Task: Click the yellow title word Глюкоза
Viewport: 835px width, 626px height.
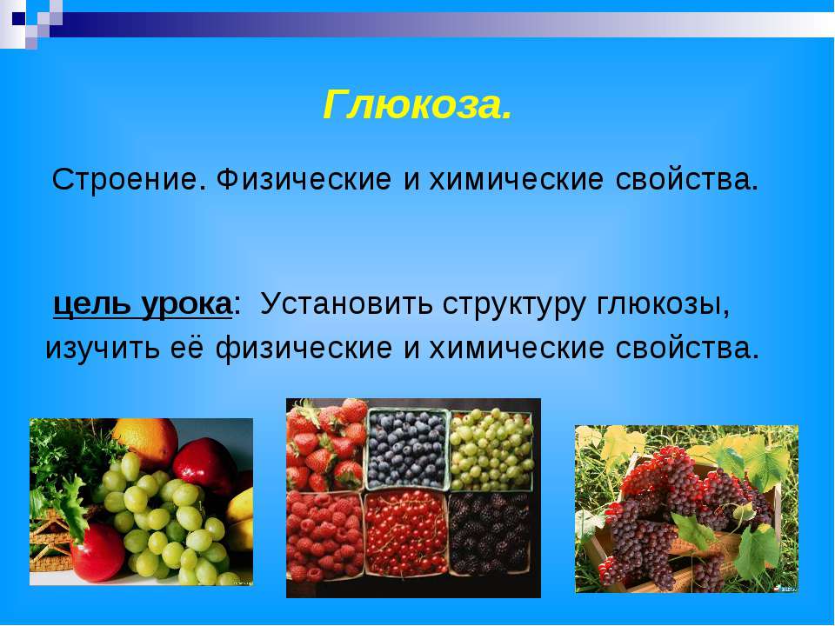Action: pyautogui.click(x=417, y=105)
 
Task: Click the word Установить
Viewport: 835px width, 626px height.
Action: pyautogui.click(x=346, y=304)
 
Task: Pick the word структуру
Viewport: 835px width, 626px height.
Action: pyautogui.click(x=514, y=306)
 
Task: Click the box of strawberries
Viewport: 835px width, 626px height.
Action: pyautogui.click(x=326, y=445)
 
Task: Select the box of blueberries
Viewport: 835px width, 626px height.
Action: pyautogui.click(x=407, y=449)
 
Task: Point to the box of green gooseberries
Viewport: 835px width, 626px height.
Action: pyautogui.click(x=491, y=450)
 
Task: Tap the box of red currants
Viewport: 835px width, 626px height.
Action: pyautogui.click(x=407, y=534)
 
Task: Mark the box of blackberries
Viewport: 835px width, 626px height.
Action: pyautogui.click(x=490, y=533)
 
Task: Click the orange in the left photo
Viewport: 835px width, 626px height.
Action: pyautogui.click(x=145, y=440)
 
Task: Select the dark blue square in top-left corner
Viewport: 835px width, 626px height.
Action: pyautogui.click(x=19, y=19)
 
